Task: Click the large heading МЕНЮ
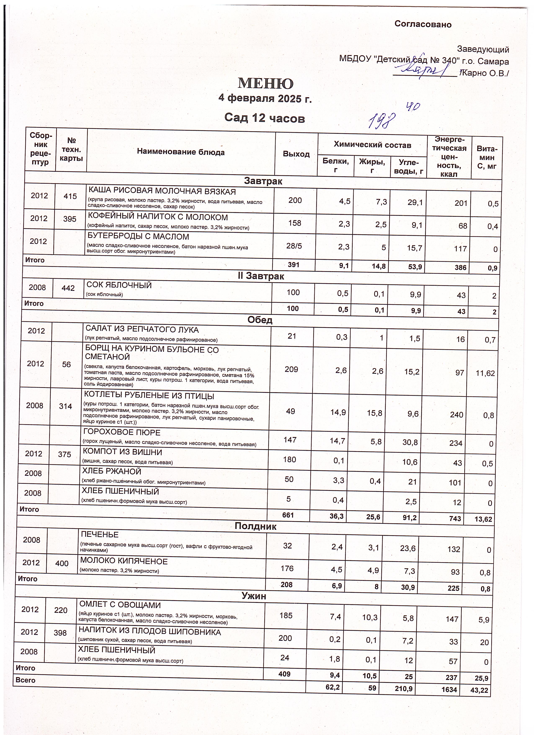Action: pyautogui.click(x=266, y=83)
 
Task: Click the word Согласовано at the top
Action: pyautogui.click(x=423, y=24)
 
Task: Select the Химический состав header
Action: pyautogui.click(x=372, y=145)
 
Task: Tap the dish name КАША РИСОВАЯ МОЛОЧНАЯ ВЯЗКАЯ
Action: pyautogui.click(x=162, y=192)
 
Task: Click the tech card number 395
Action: pyautogui.click(x=70, y=219)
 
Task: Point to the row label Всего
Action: pyautogui.click(x=26, y=680)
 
